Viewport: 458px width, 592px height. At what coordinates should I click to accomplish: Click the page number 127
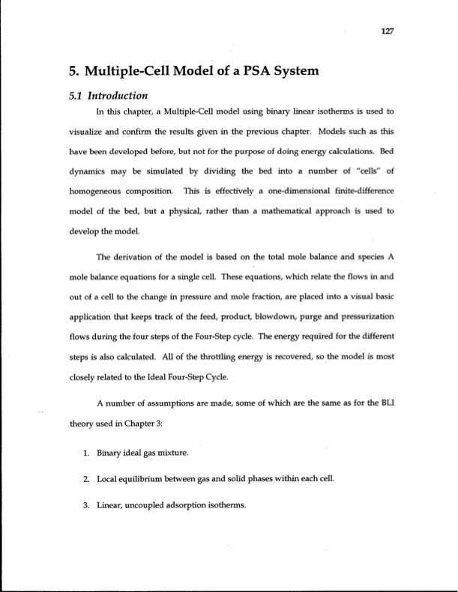388,32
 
